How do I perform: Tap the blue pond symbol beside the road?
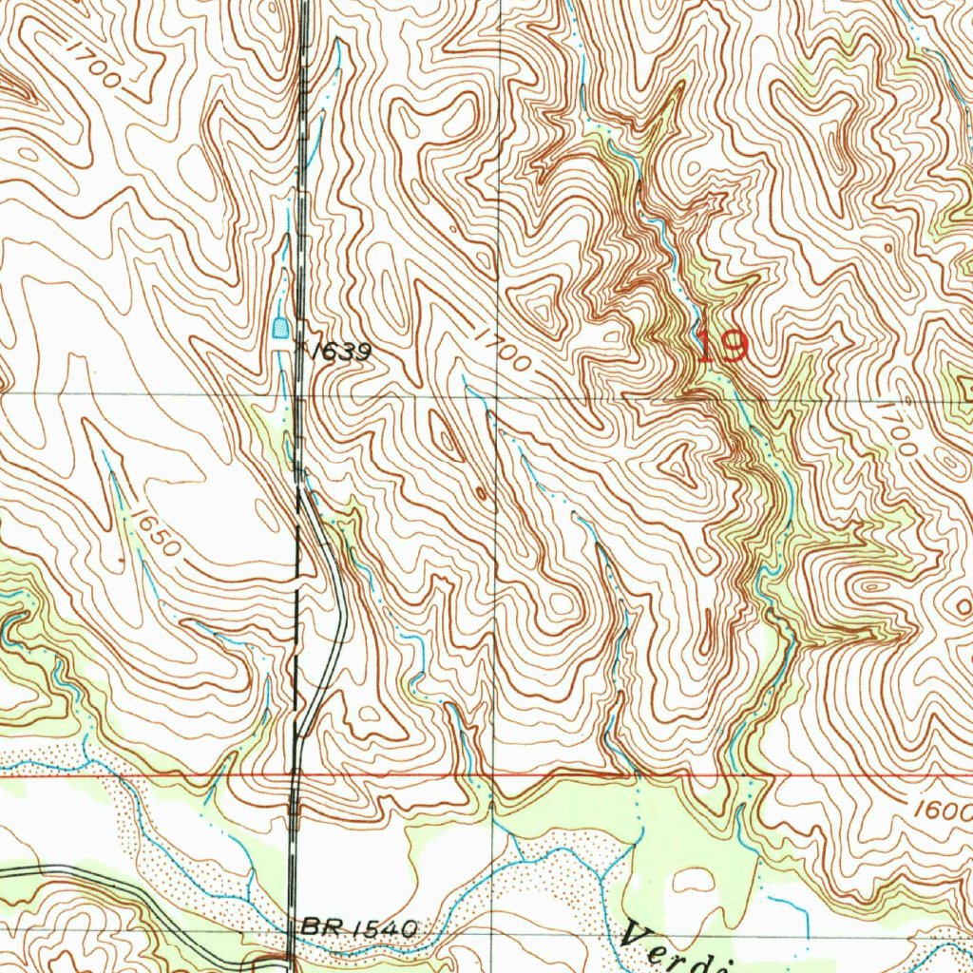(280, 330)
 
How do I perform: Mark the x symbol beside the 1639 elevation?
(301, 348)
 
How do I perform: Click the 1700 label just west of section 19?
(500, 351)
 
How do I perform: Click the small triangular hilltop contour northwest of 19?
(543, 311)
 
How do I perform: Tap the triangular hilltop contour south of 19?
(680, 465)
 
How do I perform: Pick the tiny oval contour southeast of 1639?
(482, 493)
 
